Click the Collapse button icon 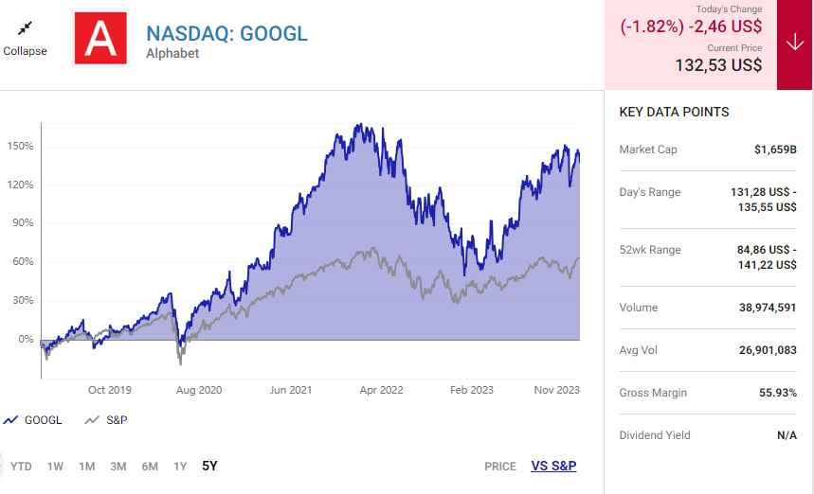25,28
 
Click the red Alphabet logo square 99,39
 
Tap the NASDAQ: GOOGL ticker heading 226,33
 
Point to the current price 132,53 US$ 718,65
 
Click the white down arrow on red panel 794,44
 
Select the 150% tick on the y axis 21,147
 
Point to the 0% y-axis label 25,339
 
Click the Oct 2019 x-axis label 109,390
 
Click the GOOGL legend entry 33,420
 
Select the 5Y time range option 209,466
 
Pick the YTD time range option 21,466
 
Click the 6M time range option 150,466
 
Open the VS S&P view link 553,466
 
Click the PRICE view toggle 500,466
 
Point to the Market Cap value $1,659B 775,150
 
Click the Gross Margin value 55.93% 776,393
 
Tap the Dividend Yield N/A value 786,435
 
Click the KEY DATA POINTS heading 674,112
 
